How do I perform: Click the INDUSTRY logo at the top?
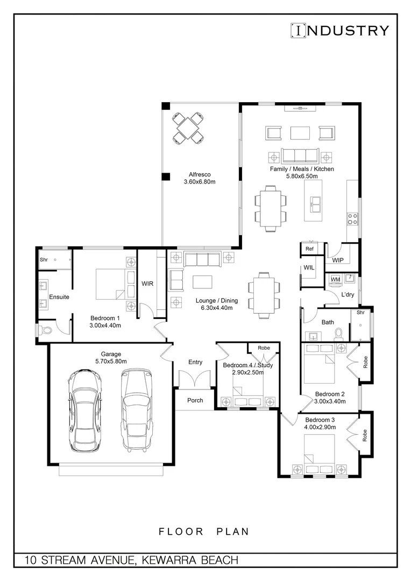click(339, 30)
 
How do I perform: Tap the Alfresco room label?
click(199, 174)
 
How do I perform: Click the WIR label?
click(148, 283)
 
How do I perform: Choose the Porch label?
click(195, 400)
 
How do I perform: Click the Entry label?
click(195, 362)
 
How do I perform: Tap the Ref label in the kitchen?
click(309, 249)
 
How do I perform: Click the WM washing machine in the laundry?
click(335, 279)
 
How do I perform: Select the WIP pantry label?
click(337, 260)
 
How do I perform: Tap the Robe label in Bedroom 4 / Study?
click(264, 348)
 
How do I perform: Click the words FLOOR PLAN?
click(204, 532)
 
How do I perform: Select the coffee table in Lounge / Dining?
click(202, 282)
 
